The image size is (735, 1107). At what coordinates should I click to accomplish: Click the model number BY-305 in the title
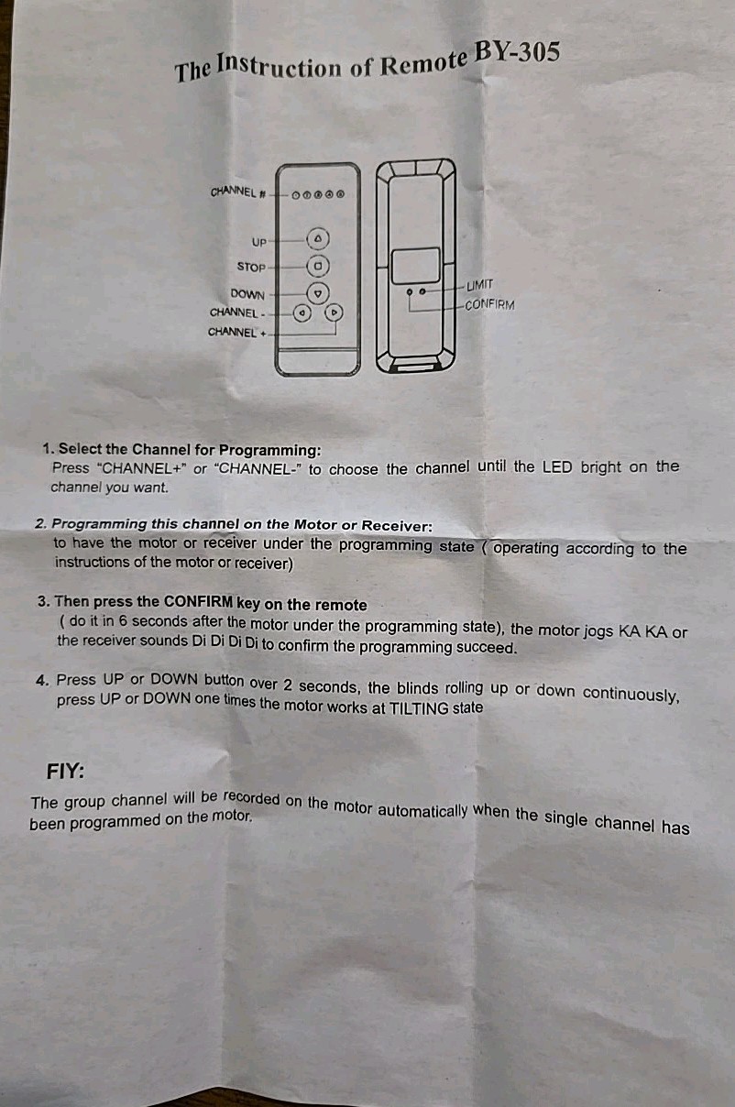point(517,53)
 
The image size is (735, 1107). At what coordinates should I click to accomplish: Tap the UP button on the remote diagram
point(318,239)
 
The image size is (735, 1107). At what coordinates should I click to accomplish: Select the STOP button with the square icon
point(318,267)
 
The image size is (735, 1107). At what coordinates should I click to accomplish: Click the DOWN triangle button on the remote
point(318,293)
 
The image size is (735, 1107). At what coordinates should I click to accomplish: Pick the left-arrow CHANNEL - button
point(302,312)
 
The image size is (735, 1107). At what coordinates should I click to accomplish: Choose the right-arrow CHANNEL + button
point(335,312)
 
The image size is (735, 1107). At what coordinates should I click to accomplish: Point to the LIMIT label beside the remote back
point(480,285)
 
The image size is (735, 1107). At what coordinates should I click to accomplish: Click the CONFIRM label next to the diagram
point(489,304)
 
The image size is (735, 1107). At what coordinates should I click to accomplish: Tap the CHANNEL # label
point(238,192)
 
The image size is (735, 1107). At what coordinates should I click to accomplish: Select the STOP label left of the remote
point(251,267)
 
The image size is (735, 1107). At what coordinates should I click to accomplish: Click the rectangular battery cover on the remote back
point(416,266)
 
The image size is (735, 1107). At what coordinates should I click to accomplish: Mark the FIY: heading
point(65,771)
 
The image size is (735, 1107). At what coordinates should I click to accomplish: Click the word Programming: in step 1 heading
point(269,450)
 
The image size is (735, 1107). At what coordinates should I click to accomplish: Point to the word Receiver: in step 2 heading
point(397,526)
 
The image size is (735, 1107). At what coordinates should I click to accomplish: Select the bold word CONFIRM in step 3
point(198,602)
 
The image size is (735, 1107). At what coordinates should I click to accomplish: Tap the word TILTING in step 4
point(419,708)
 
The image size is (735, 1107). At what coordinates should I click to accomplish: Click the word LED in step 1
point(557,467)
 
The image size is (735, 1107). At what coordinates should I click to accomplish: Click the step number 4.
point(42,681)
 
